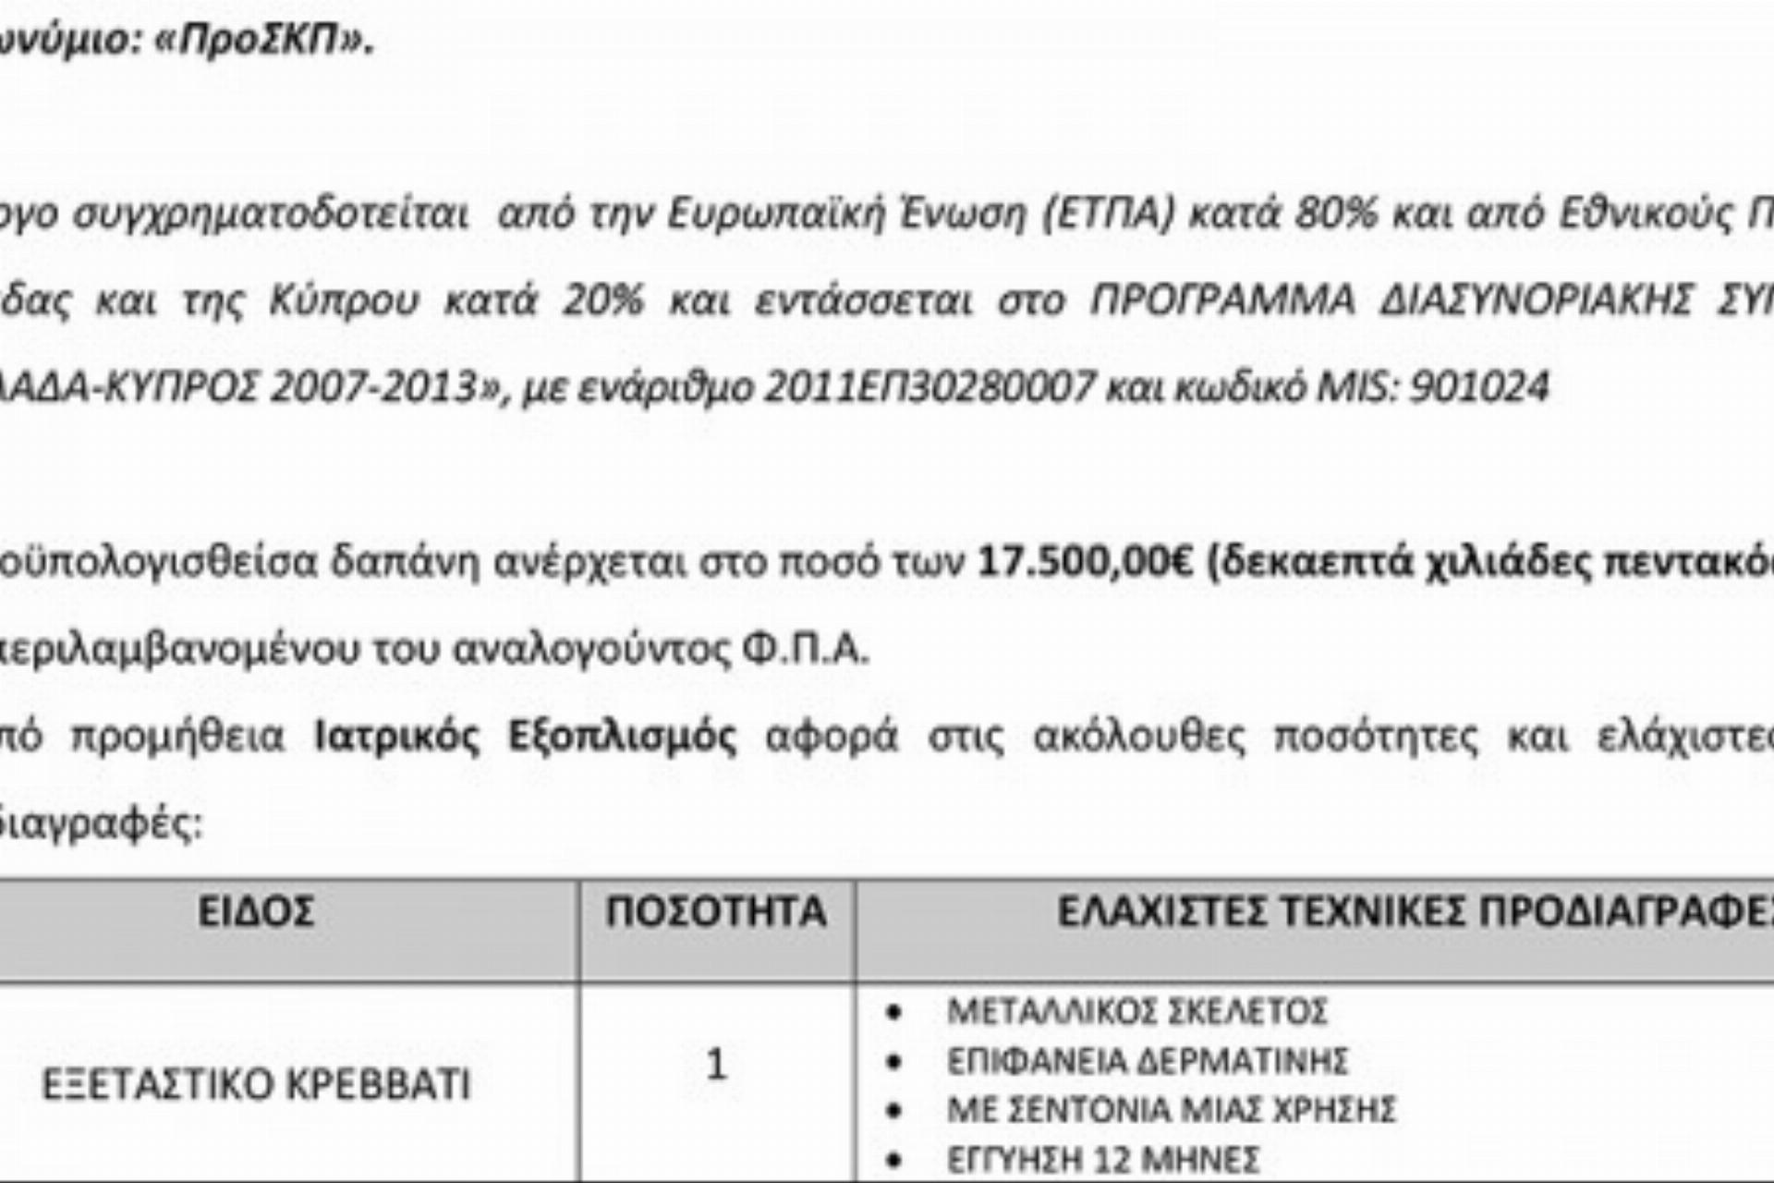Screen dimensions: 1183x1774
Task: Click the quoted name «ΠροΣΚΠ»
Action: (263, 42)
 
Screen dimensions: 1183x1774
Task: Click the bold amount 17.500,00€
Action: (1086, 561)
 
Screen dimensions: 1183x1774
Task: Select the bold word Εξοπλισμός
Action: (622, 737)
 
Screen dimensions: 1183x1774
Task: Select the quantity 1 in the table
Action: (716, 1065)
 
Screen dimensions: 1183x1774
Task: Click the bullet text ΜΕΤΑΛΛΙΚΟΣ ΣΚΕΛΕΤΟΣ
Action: (1136, 1011)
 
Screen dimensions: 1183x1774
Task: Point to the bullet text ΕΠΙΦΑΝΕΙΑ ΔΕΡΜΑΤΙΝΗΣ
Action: (1147, 1060)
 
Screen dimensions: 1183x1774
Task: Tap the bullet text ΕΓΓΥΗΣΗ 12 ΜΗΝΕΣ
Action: (1102, 1158)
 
